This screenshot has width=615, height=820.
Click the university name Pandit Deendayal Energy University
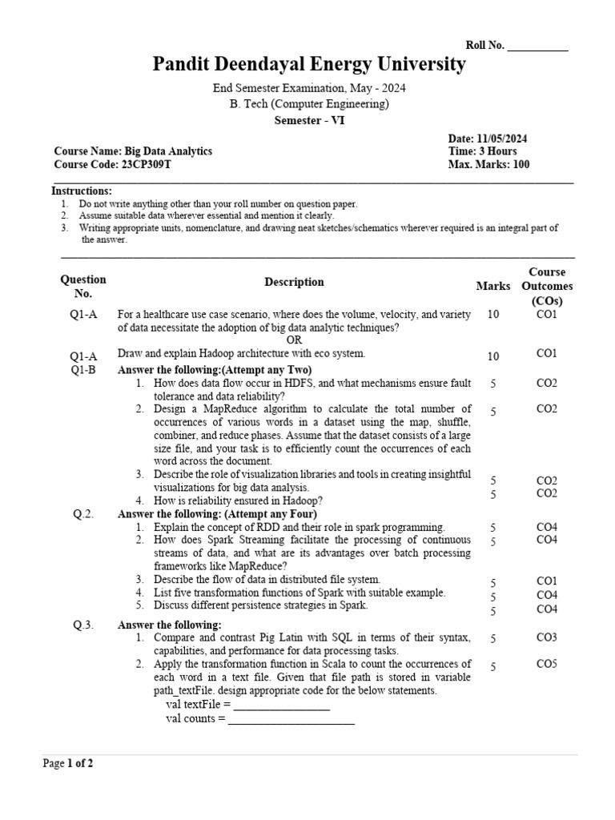tap(309, 65)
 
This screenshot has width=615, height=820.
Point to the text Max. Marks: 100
tap(488, 165)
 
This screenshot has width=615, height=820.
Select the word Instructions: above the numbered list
tap(82, 191)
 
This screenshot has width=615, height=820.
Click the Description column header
tap(294, 282)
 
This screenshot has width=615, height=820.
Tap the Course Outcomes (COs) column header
tap(547, 287)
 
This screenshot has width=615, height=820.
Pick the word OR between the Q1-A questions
tap(295, 340)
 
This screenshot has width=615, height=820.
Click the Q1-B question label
tap(82, 370)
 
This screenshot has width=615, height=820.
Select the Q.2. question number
tap(83, 514)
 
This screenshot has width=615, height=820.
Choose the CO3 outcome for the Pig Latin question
tap(547, 638)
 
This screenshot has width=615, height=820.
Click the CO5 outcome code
tap(547, 664)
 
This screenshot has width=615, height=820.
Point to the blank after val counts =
tap(291, 719)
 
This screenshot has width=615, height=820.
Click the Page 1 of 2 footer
tap(68, 764)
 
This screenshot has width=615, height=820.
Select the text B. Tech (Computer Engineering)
tap(309, 104)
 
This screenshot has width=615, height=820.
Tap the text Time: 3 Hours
tap(482, 151)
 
